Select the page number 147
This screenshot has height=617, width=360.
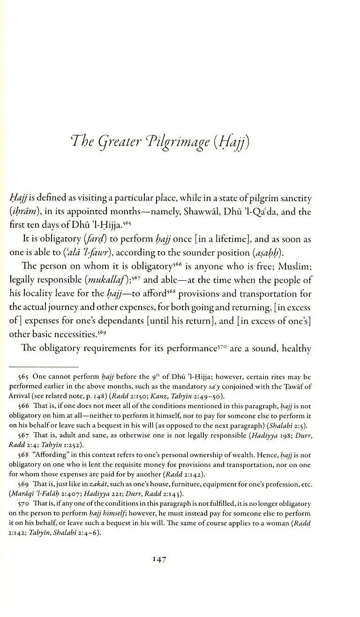(160, 559)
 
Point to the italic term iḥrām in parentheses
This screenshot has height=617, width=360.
(23, 211)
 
